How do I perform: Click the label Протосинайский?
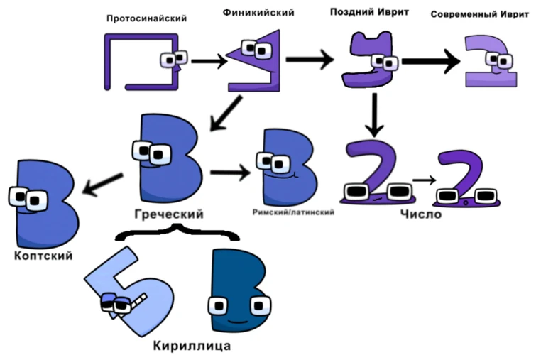146,18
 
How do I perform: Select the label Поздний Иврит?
368,12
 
